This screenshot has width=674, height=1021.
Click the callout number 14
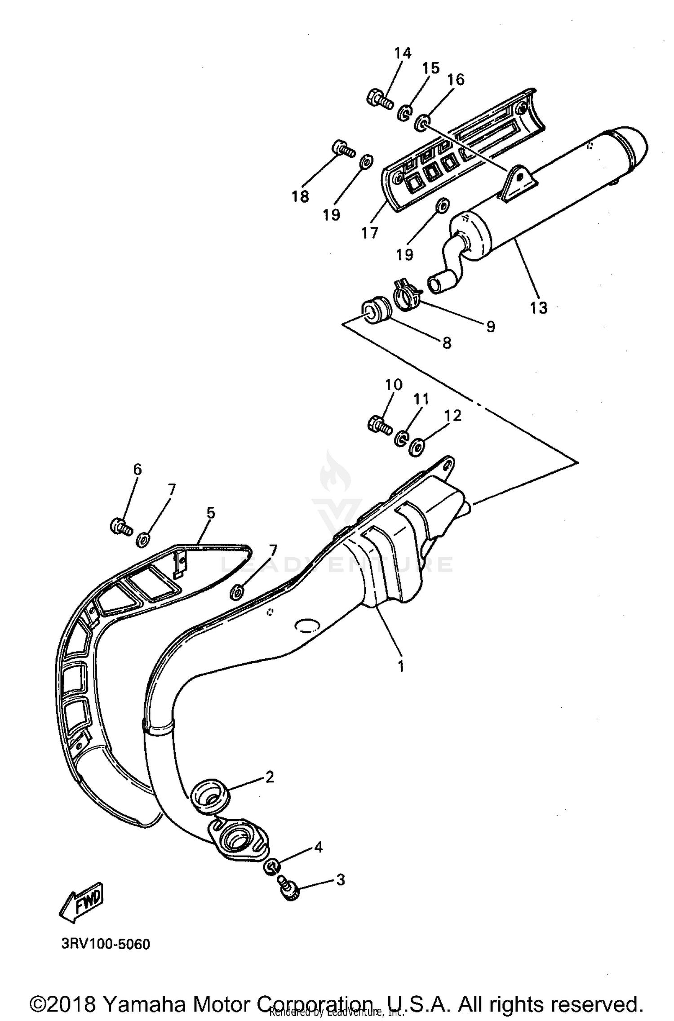coord(403,53)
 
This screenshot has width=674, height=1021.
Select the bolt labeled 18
coord(343,148)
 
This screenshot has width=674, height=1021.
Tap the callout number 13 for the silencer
coord(538,308)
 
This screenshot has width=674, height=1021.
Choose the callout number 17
coord(369,233)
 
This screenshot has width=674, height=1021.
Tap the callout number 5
coord(210,513)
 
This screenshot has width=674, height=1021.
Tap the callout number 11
coord(421,399)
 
